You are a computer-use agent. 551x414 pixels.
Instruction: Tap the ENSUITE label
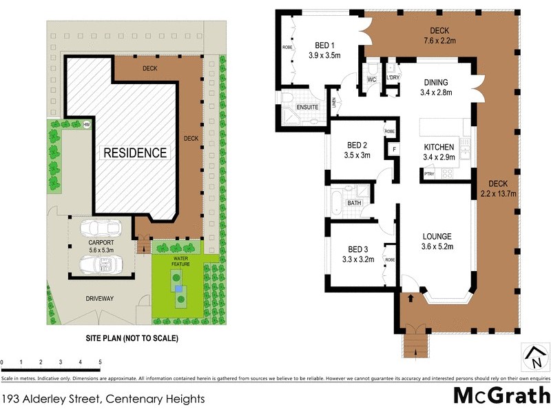[307, 107]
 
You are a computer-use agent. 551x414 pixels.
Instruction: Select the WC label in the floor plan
[371, 79]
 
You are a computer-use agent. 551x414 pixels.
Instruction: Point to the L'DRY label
[393, 77]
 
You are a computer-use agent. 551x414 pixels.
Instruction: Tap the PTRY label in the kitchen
[429, 174]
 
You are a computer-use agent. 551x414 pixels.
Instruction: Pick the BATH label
[354, 203]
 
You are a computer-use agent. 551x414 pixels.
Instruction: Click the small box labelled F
[394, 150]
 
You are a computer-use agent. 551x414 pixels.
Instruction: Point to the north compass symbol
[534, 357]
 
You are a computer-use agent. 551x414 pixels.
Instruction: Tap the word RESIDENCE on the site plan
[135, 152]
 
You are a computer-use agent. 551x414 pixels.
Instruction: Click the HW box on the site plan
[87, 125]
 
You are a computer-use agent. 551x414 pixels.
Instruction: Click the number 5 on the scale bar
[100, 362]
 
